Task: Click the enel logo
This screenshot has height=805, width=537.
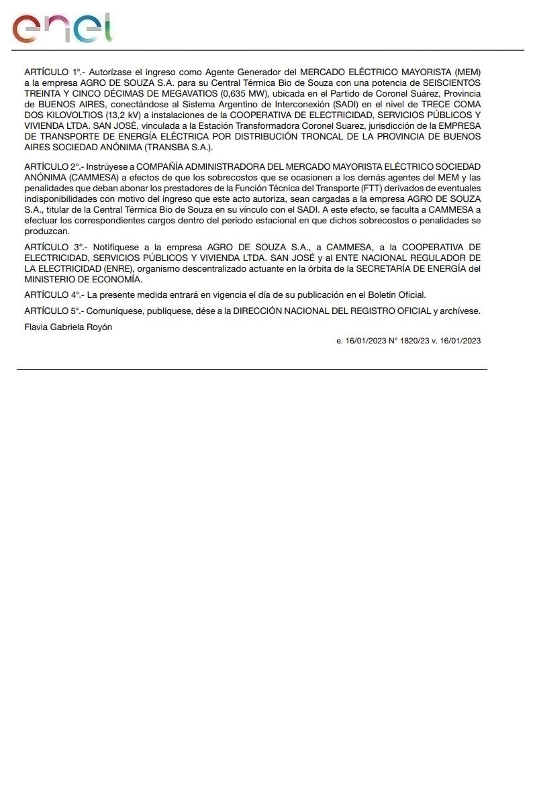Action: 62,28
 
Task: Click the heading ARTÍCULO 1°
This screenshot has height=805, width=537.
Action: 52,72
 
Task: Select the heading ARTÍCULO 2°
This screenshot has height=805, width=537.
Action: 52,166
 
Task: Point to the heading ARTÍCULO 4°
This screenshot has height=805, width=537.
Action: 52,294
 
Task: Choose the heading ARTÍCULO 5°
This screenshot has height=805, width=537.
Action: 52,311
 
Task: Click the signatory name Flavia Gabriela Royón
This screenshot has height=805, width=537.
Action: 68,327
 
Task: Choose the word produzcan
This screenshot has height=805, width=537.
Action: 47,231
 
